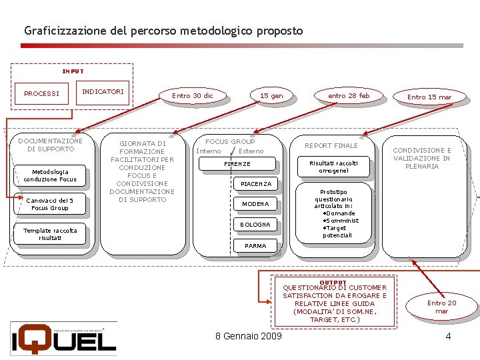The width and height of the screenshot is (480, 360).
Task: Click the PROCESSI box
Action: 41,93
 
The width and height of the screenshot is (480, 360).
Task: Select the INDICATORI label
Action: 103,91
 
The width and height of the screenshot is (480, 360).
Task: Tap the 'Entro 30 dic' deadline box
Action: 193,96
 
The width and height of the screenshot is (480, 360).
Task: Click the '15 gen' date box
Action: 271,96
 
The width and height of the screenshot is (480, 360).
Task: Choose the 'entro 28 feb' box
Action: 349,96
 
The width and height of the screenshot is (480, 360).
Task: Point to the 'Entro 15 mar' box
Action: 429,97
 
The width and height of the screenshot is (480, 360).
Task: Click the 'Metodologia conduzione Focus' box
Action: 50,175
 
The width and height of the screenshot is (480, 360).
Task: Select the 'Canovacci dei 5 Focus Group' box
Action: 50,204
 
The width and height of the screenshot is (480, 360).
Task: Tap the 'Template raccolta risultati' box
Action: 50,234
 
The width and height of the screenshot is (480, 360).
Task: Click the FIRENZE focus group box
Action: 237,164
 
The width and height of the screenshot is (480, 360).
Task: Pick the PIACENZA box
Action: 256,184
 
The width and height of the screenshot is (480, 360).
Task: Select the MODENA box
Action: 255,204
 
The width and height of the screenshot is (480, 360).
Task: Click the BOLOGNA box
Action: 255,225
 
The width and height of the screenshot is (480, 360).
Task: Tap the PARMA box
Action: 255,246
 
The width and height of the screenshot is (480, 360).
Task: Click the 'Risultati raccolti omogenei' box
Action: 334,167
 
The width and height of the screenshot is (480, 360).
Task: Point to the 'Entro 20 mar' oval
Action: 441,307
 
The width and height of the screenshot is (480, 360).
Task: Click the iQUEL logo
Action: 63,338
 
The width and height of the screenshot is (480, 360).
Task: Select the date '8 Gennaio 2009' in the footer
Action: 249,335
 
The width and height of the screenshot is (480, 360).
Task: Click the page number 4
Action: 448,336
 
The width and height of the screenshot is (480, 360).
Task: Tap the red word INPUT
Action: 73,71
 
